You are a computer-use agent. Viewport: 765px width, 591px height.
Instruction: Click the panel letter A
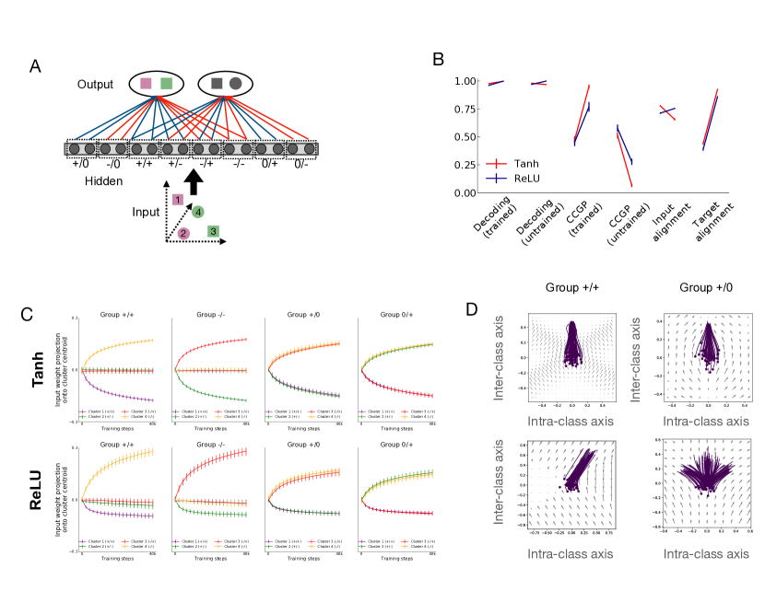(35, 66)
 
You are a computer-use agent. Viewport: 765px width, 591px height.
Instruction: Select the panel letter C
(27, 313)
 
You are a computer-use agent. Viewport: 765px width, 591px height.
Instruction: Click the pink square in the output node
(146, 85)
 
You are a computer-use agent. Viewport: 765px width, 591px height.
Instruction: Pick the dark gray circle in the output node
(236, 85)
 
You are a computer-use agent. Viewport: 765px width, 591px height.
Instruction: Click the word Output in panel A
(96, 85)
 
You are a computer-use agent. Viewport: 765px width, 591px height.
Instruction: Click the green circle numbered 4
(197, 213)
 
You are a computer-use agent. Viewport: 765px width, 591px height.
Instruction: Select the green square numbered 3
(213, 231)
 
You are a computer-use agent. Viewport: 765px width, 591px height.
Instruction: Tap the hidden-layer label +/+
(144, 163)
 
